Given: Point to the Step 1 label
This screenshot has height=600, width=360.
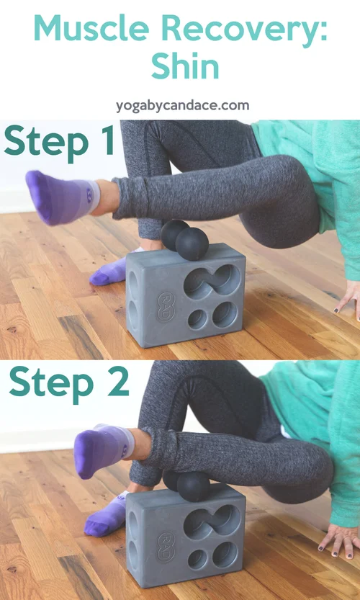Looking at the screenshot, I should (x=59, y=140).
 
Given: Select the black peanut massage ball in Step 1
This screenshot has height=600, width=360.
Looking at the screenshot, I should (x=184, y=239).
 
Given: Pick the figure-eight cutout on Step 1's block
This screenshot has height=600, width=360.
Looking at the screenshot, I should (x=212, y=280).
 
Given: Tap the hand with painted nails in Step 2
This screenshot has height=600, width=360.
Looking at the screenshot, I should (x=338, y=539).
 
